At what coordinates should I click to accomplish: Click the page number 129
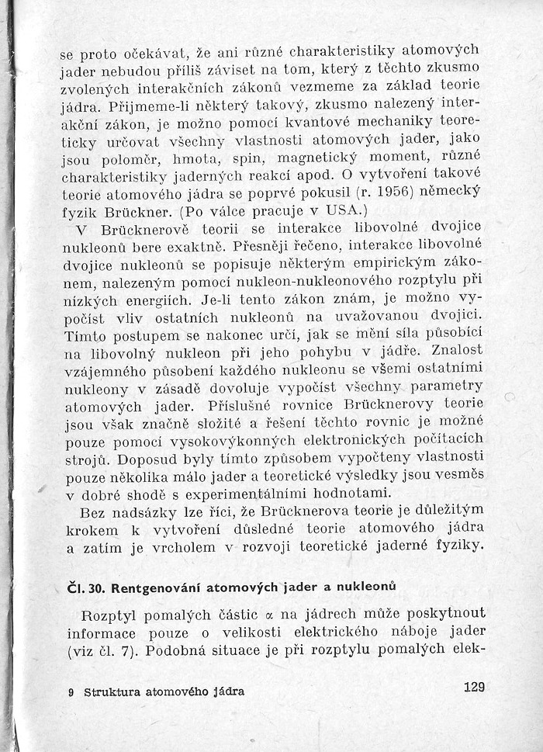(472, 686)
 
